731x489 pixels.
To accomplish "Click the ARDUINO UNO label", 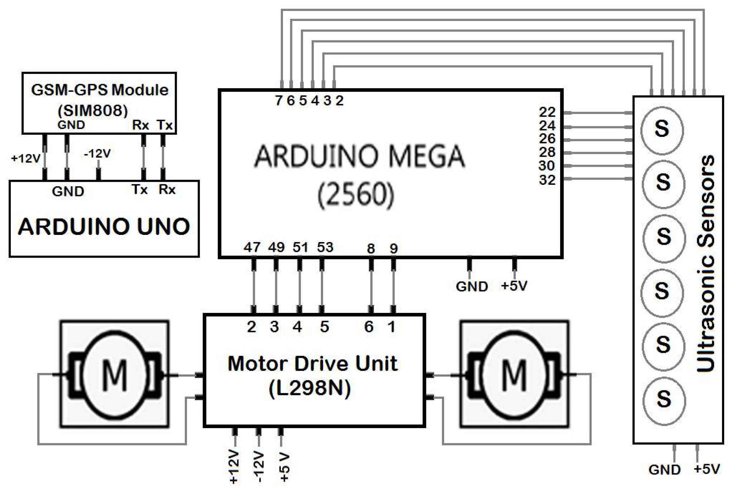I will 104,227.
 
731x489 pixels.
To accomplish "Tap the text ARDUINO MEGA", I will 360,156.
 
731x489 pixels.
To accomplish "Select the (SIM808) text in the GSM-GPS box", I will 93,110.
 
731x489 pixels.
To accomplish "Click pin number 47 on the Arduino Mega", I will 252,247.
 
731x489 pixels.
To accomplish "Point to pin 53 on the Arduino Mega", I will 325,247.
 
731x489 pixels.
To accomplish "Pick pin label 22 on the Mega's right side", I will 547,112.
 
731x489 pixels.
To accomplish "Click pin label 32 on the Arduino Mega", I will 547,180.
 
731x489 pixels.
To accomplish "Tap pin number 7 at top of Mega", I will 279,101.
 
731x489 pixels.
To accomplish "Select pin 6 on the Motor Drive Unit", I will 369,327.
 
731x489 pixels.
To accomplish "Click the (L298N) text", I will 310,388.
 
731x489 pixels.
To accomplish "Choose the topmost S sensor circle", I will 662,129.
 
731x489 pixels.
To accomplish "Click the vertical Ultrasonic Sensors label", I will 706,263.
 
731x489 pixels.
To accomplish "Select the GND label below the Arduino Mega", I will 472,286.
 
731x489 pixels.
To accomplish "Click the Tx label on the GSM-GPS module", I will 165,125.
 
